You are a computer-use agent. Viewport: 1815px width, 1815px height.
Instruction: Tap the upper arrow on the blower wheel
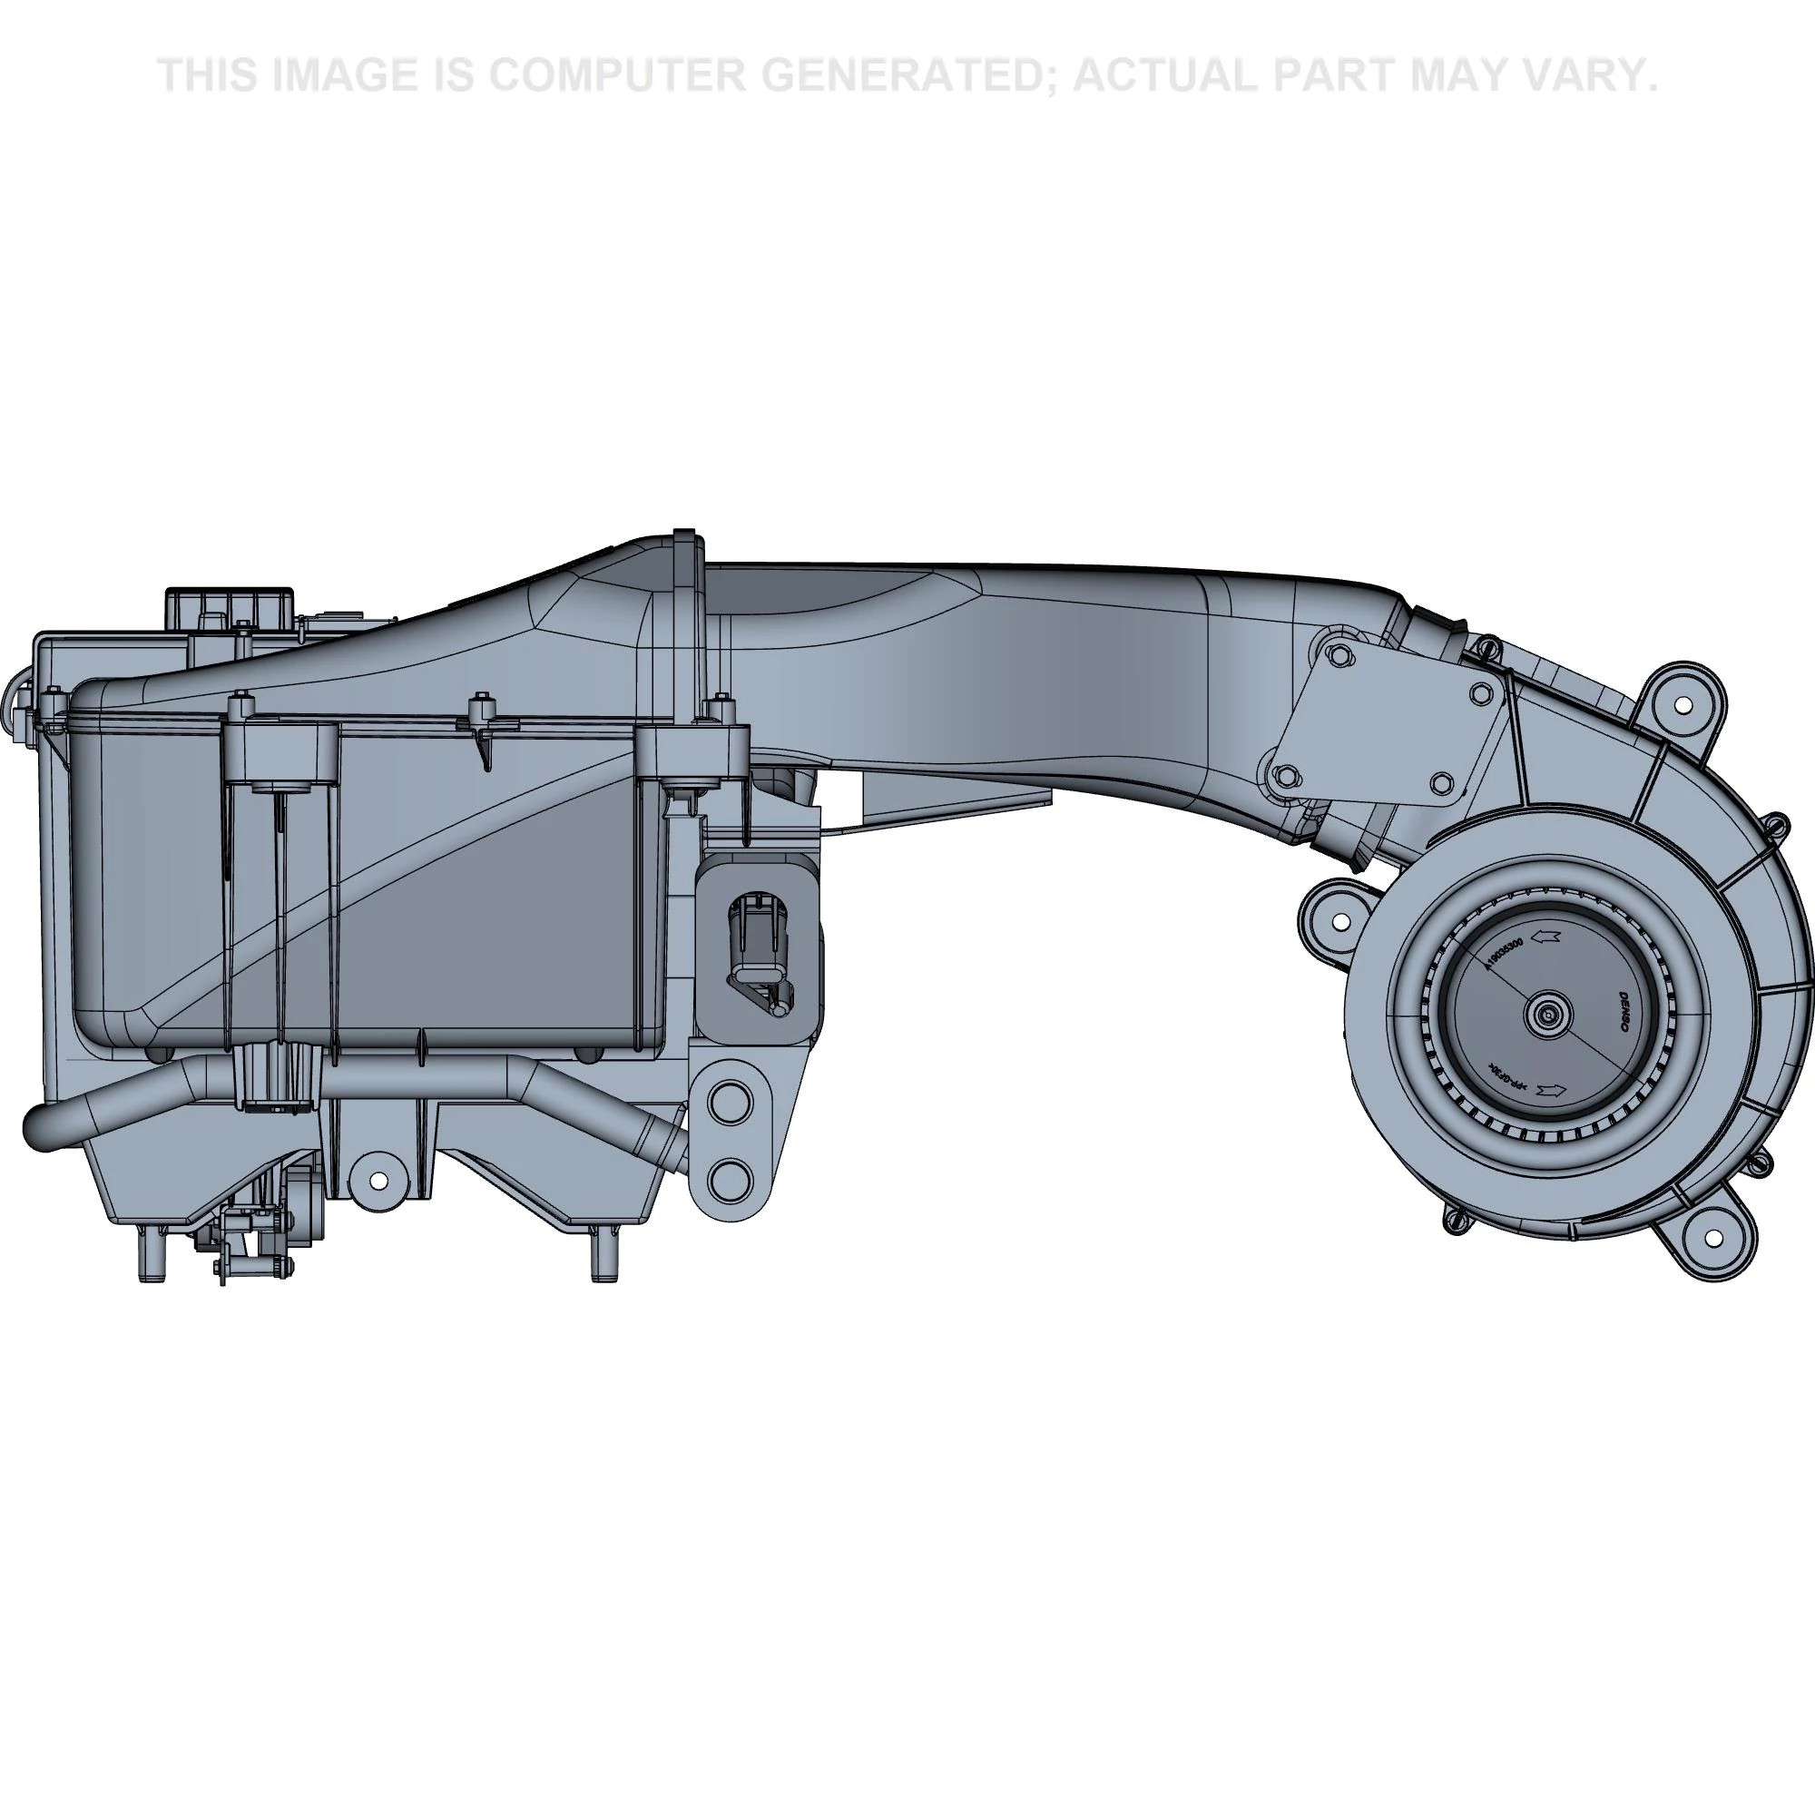[x=1545, y=936]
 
